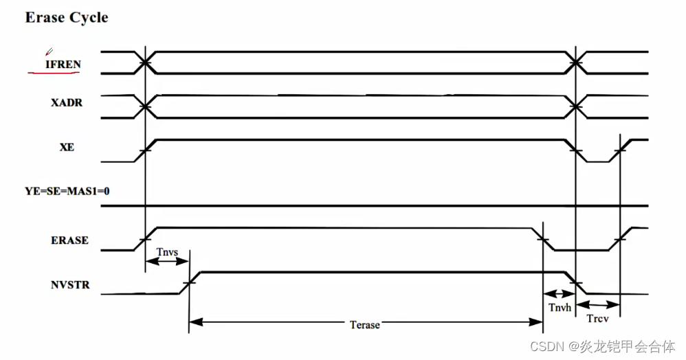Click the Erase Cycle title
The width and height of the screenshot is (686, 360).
tap(67, 17)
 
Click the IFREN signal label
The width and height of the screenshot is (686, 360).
tap(63, 64)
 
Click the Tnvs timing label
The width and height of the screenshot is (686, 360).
tap(167, 252)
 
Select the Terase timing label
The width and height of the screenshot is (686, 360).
tap(364, 324)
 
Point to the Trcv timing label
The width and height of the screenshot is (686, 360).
tap(599, 318)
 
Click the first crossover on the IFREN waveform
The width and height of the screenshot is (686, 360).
tap(145, 63)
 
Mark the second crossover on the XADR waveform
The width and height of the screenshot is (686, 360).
tap(576, 106)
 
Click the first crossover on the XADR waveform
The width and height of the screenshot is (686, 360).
tap(145, 106)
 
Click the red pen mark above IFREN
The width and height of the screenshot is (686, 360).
tap(48, 51)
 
